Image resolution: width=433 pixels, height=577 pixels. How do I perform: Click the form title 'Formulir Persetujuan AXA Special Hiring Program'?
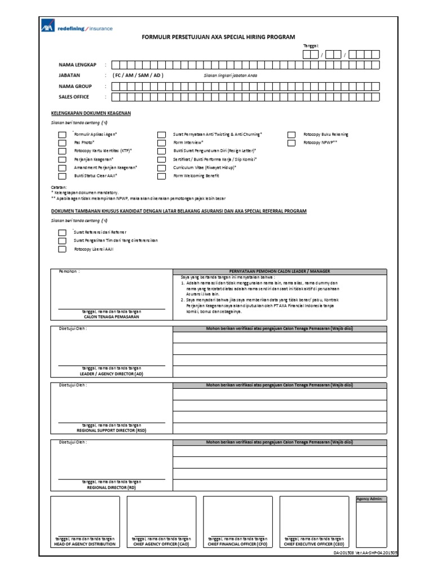[218, 37]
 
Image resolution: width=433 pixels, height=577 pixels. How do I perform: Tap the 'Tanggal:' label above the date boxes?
[311, 46]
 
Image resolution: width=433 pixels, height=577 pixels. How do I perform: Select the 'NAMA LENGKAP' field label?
[76, 65]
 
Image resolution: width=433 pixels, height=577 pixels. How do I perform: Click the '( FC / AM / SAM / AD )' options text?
[138, 75]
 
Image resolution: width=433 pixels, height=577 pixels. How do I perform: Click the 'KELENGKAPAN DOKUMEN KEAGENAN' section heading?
[91, 113]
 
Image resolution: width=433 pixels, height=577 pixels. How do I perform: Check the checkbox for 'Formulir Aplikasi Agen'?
[61, 135]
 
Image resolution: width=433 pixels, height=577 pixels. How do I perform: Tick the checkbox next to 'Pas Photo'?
[61, 143]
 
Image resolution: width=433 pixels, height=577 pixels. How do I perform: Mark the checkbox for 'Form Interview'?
[161, 143]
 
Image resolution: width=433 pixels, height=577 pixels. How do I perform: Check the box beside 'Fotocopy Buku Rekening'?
[291, 135]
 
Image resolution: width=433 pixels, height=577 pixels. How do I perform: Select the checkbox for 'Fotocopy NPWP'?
[291, 143]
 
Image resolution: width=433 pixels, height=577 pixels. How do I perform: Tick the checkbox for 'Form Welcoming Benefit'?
[161, 176]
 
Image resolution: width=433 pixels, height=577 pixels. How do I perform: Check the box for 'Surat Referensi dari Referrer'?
[61, 232]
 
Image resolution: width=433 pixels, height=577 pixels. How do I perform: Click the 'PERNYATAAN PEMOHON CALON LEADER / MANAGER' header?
[280, 272]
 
